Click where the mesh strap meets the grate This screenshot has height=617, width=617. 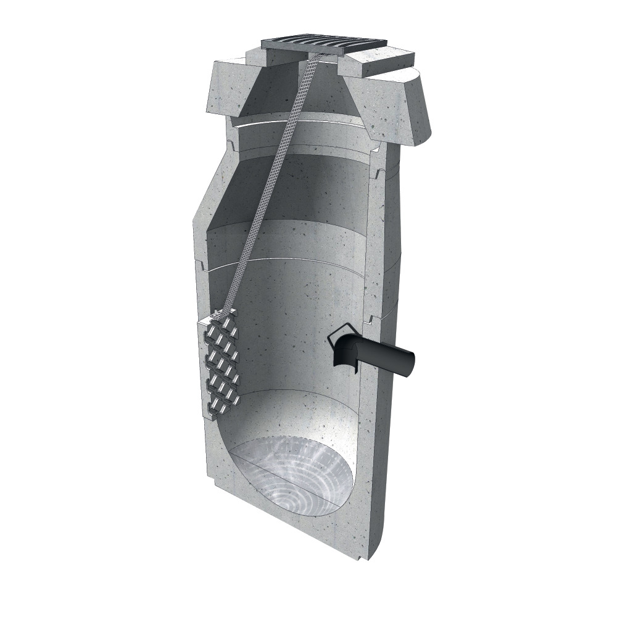pos(315,59)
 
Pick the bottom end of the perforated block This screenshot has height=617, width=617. pos(219,410)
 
